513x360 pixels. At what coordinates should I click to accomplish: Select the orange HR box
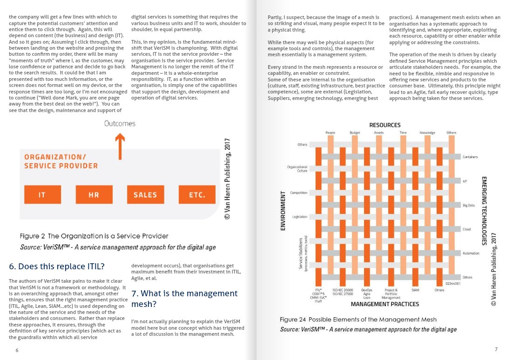[x=94, y=194]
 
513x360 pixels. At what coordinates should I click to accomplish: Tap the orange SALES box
[x=145, y=194]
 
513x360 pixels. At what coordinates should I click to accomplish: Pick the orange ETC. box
[x=197, y=194]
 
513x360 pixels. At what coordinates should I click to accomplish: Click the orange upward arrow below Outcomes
[x=120, y=145]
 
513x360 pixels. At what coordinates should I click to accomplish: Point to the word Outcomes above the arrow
[x=120, y=124]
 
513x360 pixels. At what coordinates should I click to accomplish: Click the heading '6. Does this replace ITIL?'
[x=57, y=267]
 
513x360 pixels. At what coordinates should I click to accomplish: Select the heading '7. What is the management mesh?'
[x=184, y=299]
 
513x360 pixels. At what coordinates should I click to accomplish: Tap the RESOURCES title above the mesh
[x=385, y=125]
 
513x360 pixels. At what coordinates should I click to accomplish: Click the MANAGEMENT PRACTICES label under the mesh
[x=385, y=304]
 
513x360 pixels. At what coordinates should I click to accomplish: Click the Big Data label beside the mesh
[x=468, y=205]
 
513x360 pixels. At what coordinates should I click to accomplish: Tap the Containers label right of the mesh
[x=470, y=157]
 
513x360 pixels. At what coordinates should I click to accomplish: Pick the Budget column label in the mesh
[x=355, y=133]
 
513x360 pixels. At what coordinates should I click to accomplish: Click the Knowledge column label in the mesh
[x=427, y=133]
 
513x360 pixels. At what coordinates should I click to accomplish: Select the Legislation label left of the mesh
[x=299, y=217]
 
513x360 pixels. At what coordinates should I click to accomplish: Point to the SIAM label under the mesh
[x=415, y=290]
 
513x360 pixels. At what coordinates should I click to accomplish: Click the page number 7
[x=496, y=349]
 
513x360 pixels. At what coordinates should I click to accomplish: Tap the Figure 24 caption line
[x=358, y=320]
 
